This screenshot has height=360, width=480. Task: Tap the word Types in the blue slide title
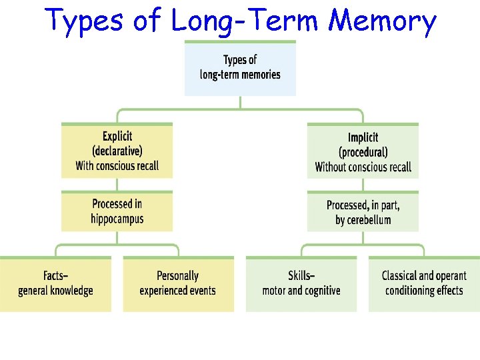85,21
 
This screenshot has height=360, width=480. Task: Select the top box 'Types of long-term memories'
240,68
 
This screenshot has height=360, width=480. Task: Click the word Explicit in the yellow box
117,137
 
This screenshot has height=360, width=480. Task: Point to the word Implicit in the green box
363,137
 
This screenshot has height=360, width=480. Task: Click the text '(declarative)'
117,151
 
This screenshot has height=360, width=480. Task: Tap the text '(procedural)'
363,152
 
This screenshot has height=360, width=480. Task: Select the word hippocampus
117,219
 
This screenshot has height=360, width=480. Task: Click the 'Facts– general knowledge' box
56,283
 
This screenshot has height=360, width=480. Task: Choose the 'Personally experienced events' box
178,283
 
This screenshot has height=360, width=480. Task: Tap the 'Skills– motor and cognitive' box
301,283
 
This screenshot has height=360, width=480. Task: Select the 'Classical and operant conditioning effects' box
424,283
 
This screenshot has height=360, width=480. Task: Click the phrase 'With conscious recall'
117,166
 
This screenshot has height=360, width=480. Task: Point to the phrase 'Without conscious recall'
363,167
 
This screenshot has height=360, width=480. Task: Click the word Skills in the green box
300,275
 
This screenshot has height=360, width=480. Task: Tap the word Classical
399,275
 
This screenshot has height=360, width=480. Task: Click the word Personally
178,275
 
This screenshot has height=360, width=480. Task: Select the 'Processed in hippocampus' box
117,211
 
